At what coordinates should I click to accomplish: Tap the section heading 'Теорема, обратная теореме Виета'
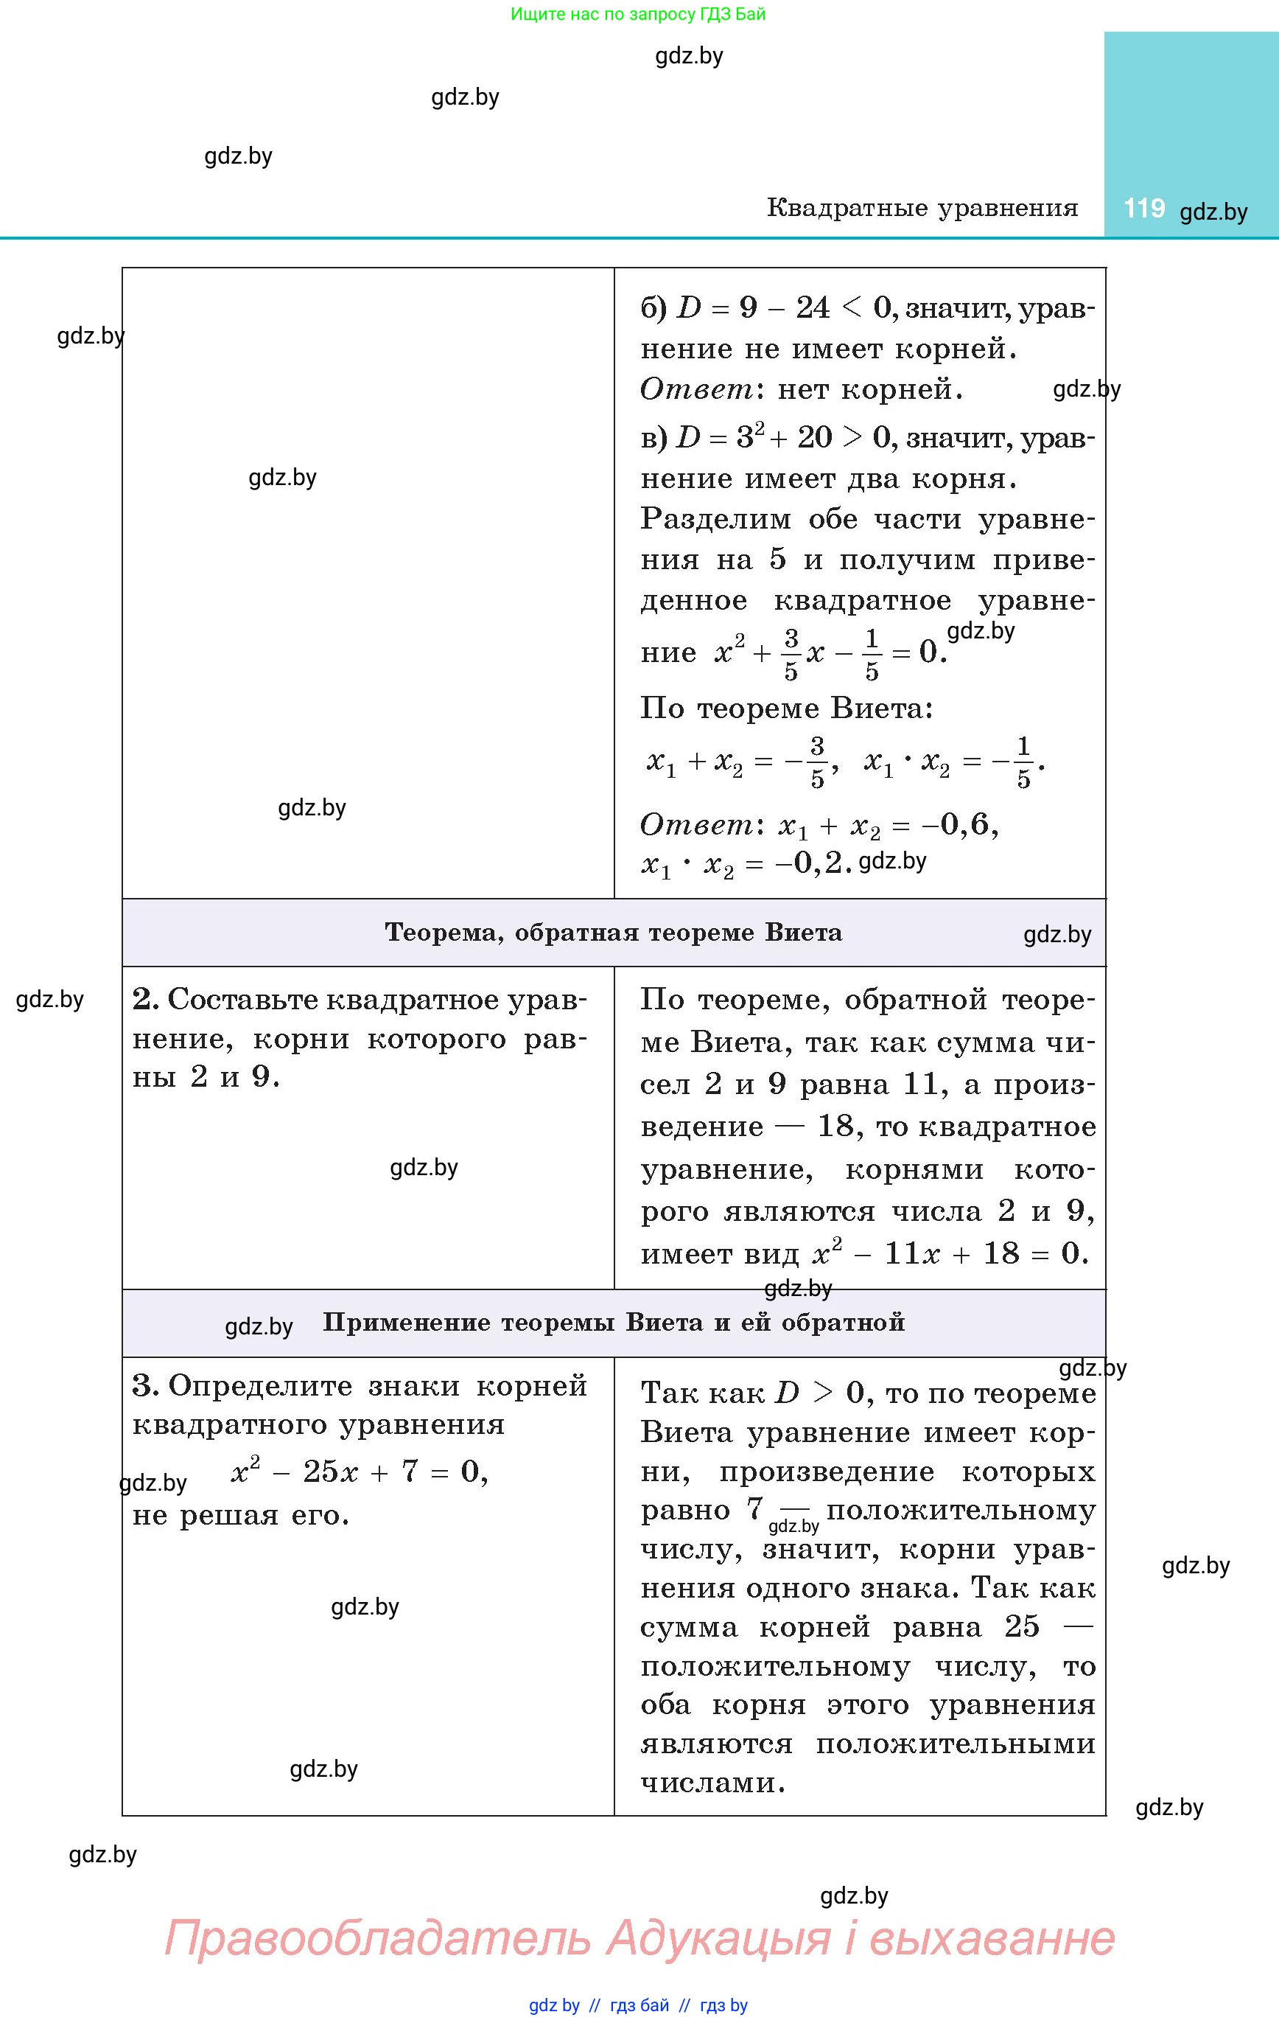(x=613, y=933)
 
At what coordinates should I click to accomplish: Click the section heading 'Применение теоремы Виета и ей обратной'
(x=614, y=1323)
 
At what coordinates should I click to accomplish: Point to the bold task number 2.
(x=144, y=1000)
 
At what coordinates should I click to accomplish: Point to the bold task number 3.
(x=144, y=1386)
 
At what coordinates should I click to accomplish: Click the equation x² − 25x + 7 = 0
(x=359, y=1471)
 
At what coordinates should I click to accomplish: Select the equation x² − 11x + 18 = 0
(x=950, y=1253)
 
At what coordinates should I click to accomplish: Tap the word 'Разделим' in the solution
(x=715, y=519)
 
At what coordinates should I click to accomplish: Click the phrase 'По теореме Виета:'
(x=786, y=708)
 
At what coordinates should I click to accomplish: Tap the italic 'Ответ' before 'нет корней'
(x=697, y=389)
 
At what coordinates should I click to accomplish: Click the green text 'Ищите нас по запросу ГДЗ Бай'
(x=638, y=14)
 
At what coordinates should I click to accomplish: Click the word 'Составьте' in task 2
(x=242, y=1000)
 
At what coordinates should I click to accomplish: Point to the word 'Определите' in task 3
(x=260, y=1386)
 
